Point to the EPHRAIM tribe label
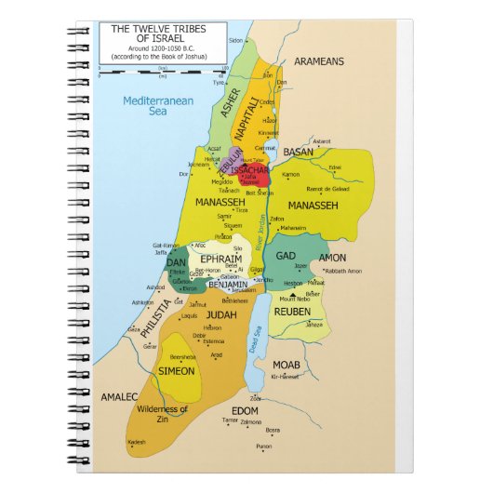click(220, 259)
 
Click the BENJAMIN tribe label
click(228, 284)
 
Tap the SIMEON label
click(177, 371)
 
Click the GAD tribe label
click(286, 256)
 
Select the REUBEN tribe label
click(291, 312)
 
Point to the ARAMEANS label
click(319, 61)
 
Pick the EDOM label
click(246, 410)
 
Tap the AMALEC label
click(120, 396)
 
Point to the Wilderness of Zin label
click(162, 414)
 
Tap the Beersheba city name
click(180, 356)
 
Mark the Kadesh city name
click(138, 441)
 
